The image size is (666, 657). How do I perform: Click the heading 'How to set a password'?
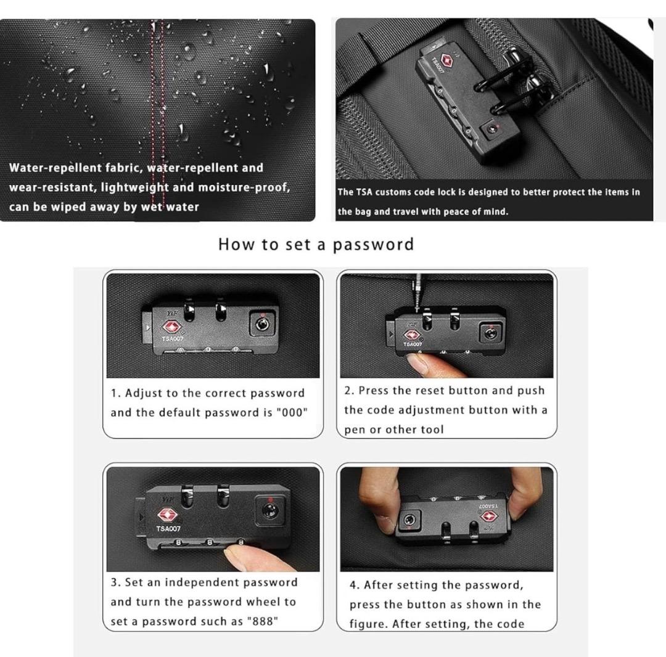coord(316,245)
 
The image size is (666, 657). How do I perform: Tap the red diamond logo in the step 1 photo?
coord(171,327)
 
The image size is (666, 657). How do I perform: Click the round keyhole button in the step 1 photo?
coord(261,325)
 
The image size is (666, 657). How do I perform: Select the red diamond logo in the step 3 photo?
coord(167,515)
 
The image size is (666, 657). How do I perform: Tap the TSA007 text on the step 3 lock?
coord(168,529)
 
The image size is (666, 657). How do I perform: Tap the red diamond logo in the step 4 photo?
coord(489,516)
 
